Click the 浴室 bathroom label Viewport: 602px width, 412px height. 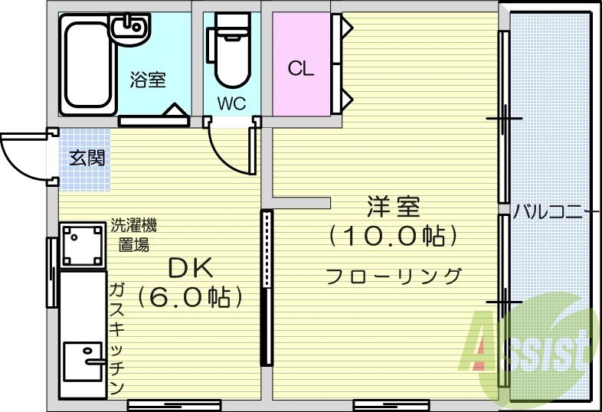[148, 79]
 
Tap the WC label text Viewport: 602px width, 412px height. [231, 104]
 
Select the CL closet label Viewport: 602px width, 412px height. [301, 69]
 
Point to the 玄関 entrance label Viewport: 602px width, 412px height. [87, 159]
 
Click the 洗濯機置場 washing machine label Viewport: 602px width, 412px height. [134, 235]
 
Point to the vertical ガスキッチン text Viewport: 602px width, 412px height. [117, 337]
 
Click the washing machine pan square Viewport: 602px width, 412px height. [82, 244]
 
